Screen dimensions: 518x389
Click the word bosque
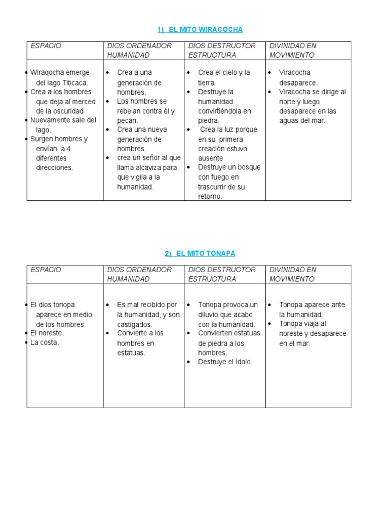point(250,167)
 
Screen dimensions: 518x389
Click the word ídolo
point(242,362)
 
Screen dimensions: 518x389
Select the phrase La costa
point(45,342)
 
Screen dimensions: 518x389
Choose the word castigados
point(134,324)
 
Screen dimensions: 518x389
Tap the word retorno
point(210,196)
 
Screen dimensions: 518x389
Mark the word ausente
point(211,158)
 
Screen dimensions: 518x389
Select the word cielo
point(228,73)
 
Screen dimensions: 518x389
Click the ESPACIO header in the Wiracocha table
point(46,46)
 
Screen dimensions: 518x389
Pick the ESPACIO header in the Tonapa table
point(46,270)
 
